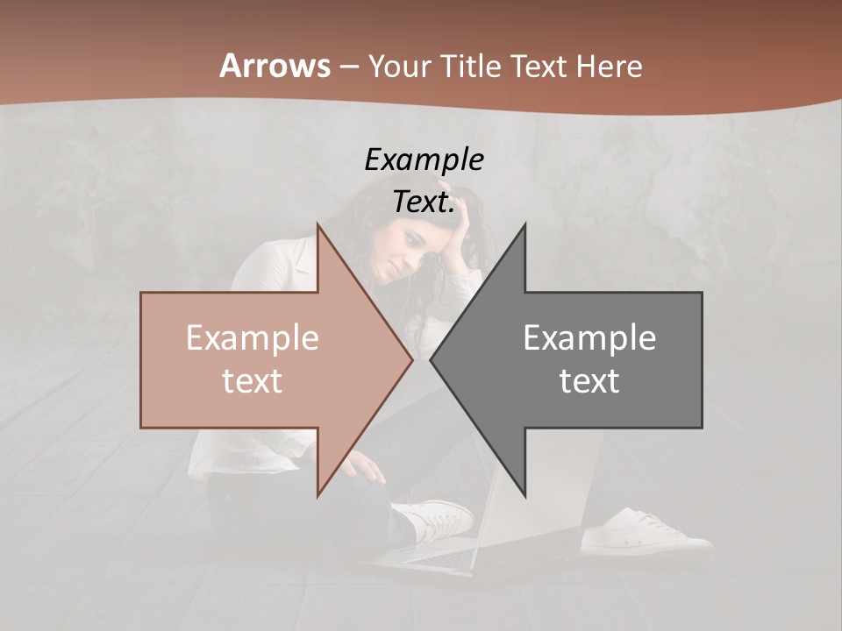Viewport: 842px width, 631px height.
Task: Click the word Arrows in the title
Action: (x=275, y=66)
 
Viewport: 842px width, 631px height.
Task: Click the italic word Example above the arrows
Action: (x=424, y=160)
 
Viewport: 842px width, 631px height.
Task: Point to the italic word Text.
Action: (x=424, y=202)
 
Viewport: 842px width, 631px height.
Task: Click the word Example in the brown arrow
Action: (x=253, y=337)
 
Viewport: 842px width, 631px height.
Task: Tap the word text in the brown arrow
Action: (x=253, y=381)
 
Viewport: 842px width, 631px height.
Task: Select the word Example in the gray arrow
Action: (x=589, y=337)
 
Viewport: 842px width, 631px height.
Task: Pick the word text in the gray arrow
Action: (x=589, y=381)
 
